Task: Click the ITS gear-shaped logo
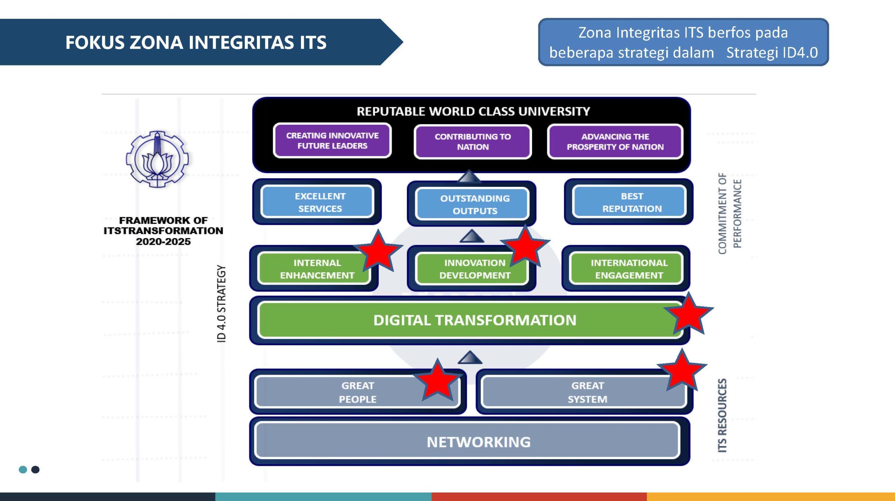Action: [x=157, y=159]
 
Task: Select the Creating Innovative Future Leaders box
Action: [x=332, y=141]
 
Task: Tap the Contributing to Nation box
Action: [x=473, y=142]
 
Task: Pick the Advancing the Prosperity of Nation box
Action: [x=615, y=142]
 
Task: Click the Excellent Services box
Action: [x=317, y=202]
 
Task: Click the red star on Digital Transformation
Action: [x=688, y=314]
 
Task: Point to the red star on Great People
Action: [x=437, y=380]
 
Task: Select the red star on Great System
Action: [x=682, y=371]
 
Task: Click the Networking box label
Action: [x=478, y=442]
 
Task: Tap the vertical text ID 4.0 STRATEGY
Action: [x=221, y=303]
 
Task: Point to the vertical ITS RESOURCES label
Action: [x=722, y=415]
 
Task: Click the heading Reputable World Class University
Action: [x=473, y=111]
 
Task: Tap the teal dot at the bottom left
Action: [x=23, y=470]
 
